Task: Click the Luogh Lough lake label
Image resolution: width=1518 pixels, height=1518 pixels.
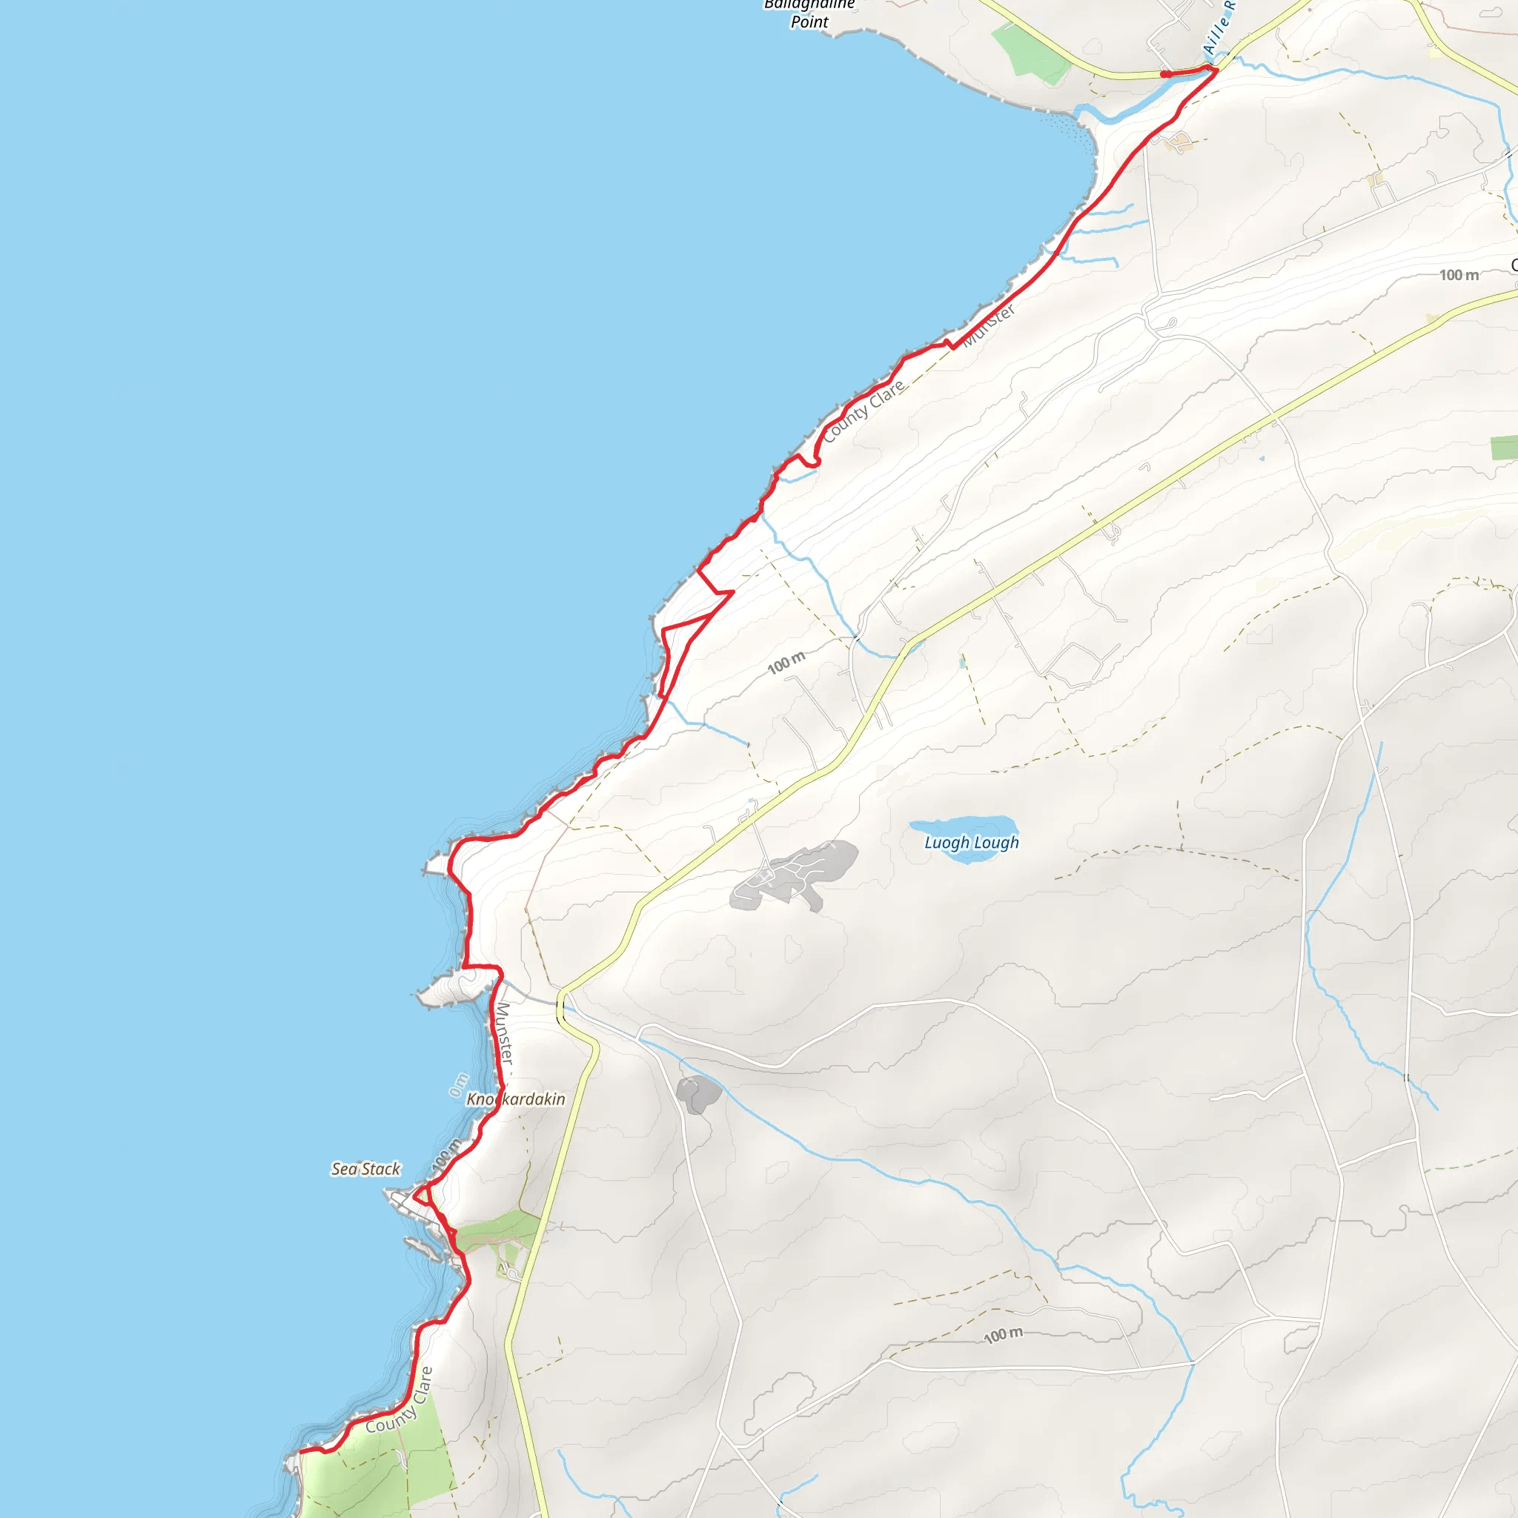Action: pos(971,842)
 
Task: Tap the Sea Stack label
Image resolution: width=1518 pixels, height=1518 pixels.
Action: pos(365,1169)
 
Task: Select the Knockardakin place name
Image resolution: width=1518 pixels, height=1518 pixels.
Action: pos(515,1098)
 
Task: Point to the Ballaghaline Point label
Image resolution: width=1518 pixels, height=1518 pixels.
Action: pos(809,13)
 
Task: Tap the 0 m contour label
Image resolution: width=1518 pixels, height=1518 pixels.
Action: pos(459,1085)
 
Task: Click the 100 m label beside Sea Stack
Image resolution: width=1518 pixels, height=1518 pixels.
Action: pos(446,1154)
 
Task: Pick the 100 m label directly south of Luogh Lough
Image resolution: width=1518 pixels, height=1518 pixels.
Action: pos(1004,1335)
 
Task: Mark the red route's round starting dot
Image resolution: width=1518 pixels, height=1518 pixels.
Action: pos(1167,75)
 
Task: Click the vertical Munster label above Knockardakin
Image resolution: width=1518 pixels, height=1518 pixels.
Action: pos(503,1033)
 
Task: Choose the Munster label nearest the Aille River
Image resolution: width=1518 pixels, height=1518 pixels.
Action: pos(990,325)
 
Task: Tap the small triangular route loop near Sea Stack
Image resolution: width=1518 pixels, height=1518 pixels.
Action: pos(422,1196)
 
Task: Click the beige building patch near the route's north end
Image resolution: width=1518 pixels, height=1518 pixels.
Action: pos(1179,142)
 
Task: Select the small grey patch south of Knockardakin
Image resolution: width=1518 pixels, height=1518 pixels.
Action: pos(697,1095)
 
